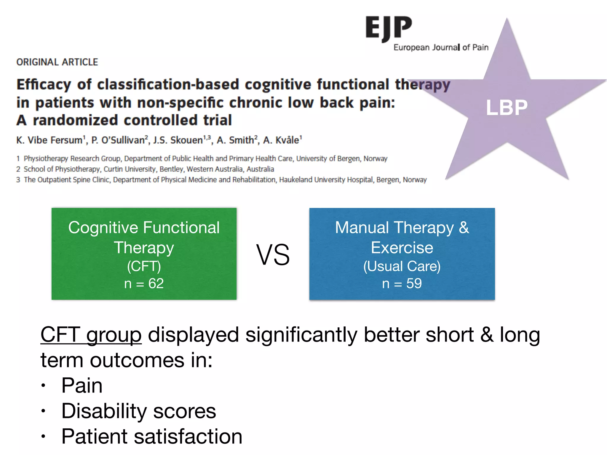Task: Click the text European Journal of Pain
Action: [441, 47]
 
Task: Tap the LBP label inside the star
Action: [507, 107]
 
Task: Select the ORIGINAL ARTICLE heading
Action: [57, 62]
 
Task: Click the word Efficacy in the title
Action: [44, 85]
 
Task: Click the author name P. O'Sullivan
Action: [118, 140]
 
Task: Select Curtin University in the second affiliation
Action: [130, 169]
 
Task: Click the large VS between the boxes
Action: [273, 255]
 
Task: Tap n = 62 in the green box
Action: [144, 283]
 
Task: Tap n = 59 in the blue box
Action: [402, 283]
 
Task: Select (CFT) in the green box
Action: [144, 266]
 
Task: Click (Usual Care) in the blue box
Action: [402, 266]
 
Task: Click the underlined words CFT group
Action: [91, 335]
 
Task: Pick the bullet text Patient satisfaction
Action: [152, 436]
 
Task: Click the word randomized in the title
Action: [75, 120]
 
